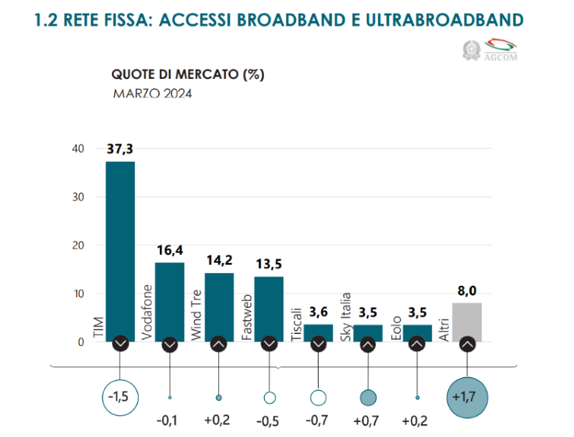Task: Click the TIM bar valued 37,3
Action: pyautogui.click(x=120, y=251)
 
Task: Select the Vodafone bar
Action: pyautogui.click(x=169, y=301)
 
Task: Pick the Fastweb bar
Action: pyautogui.click(x=269, y=308)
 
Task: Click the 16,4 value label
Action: pyautogui.click(x=170, y=251)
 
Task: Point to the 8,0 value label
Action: pyautogui.click(x=467, y=292)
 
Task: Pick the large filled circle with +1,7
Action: pyautogui.click(x=467, y=396)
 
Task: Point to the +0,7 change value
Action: pyautogui.click(x=368, y=420)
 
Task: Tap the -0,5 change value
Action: pyautogui.click(x=269, y=420)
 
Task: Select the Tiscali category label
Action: pyautogui.click(x=296, y=322)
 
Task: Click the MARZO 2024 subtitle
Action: pyautogui.click(x=152, y=93)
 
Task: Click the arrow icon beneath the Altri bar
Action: pyautogui.click(x=467, y=344)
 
